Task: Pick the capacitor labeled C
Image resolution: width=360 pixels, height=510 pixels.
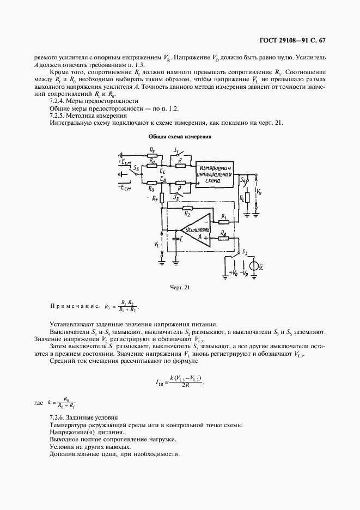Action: (x=175, y=238)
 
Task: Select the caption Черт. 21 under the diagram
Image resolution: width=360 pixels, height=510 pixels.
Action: (x=179, y=287)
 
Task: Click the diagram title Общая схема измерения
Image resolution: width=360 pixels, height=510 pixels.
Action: (x=179, y=136)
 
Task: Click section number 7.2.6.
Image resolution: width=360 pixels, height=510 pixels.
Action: (x=58, y=417)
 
